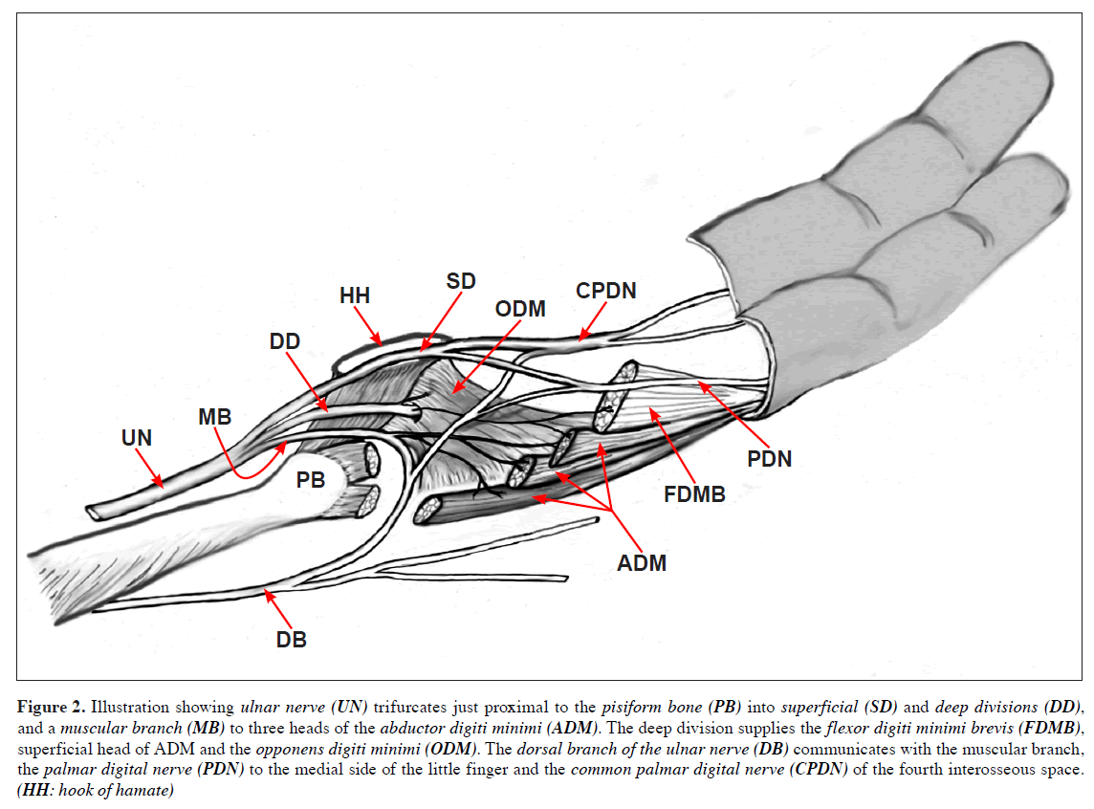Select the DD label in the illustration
285,341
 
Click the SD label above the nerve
461,281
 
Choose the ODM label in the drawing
520,309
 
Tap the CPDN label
605,291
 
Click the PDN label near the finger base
770,459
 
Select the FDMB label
696,494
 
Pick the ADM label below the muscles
641,563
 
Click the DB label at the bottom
292,640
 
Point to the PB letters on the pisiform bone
311,480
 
